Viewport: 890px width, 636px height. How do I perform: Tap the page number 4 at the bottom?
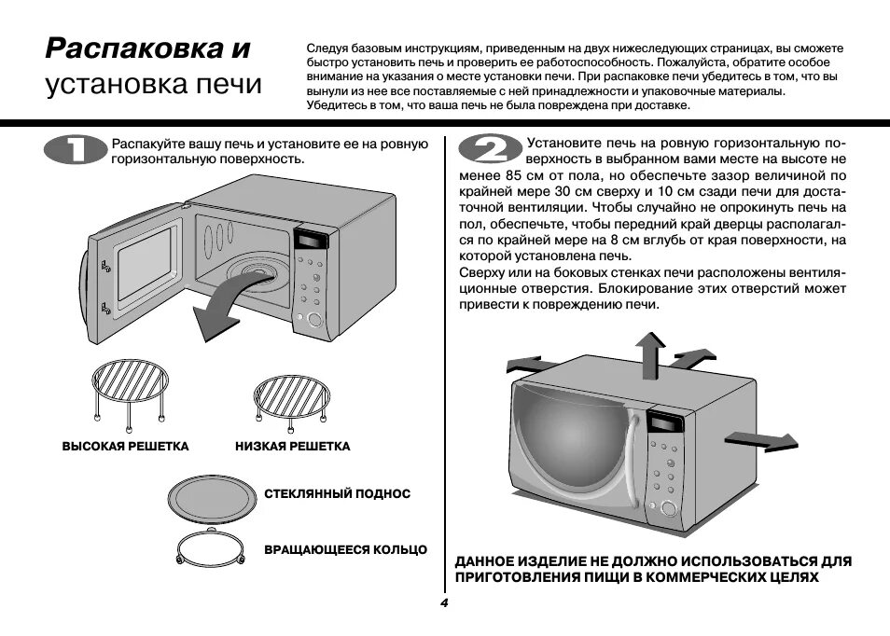click(445, 603)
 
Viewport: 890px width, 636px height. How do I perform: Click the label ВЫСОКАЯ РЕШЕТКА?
click(125, 447)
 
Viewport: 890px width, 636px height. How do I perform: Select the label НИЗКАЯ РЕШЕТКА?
click(293, 447)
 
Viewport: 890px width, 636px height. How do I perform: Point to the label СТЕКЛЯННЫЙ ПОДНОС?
click(337, 493)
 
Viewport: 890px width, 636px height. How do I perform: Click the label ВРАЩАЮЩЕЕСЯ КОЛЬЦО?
click(345, 549)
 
